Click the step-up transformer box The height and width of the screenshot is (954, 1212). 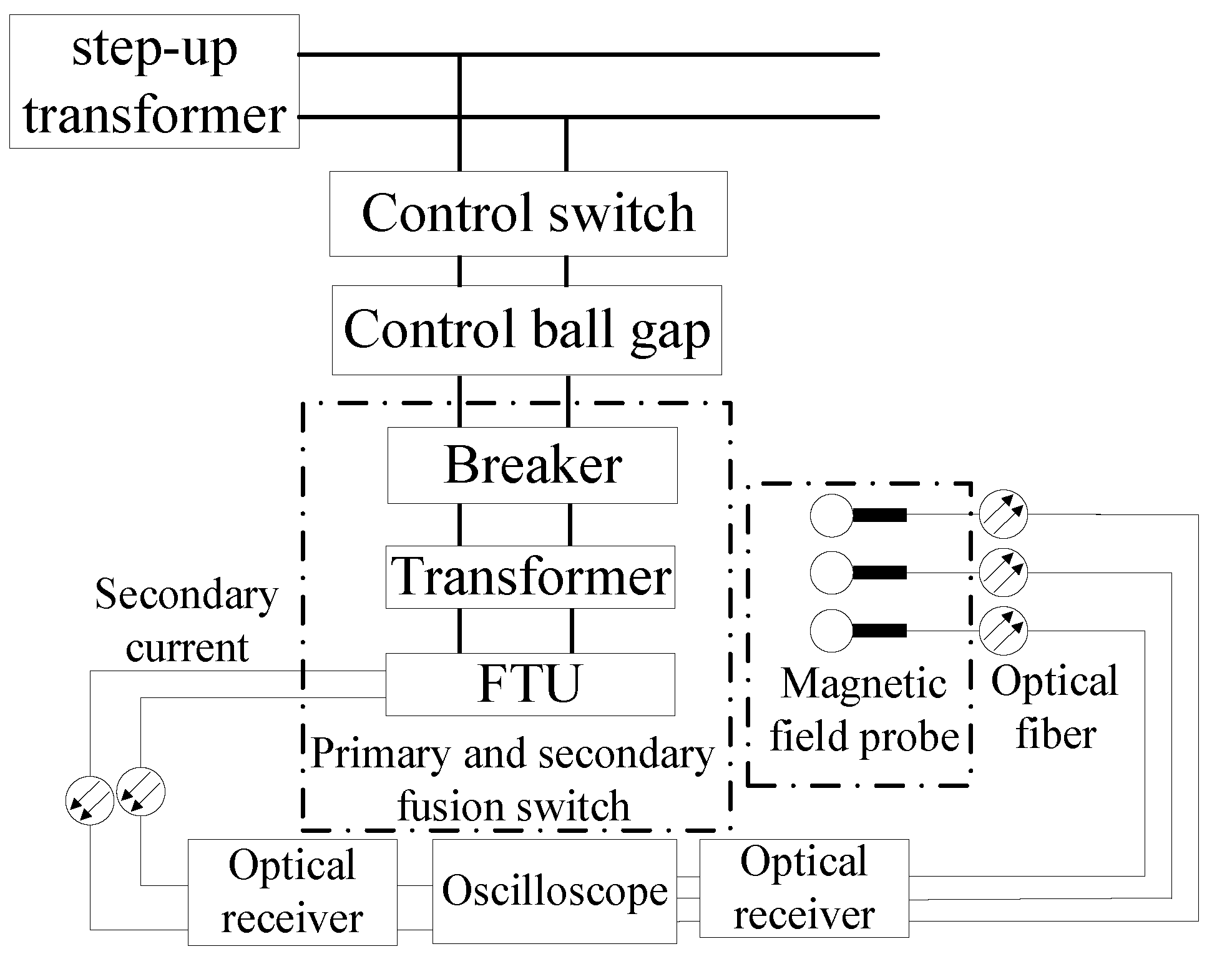coord(154,82)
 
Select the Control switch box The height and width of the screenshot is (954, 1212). coord(528,214)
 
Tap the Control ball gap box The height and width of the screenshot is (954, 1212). coord(527,330)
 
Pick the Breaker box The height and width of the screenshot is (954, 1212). coord(532,465)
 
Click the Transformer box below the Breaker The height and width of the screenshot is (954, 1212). coord(530,577)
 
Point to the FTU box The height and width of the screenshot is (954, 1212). coord(530,684)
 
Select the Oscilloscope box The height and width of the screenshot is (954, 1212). coord(554,891)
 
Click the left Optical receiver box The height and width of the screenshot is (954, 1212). coord(292,892)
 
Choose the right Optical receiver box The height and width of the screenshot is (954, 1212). coord(804,888)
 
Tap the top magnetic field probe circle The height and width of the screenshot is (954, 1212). coord(831,515)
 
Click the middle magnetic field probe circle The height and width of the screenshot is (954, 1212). coord(831,572)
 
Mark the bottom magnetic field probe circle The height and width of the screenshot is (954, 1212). coord(831,631)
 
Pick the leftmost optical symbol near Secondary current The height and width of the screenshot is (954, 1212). coord(90,801)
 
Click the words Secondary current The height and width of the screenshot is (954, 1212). coord(187,621)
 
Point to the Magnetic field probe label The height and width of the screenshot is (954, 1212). coord(864,710)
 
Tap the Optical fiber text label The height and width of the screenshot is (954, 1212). coord(1055,707)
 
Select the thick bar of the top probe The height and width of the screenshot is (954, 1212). coord(879,515)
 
